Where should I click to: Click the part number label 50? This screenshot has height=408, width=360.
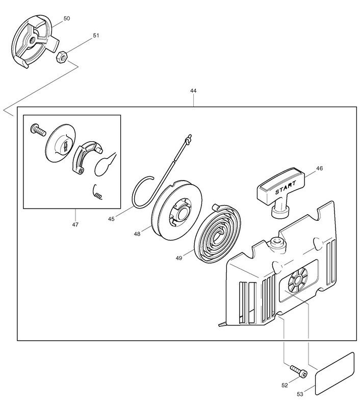66,18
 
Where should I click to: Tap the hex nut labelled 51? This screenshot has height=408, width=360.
59,57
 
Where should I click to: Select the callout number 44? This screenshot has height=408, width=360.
193,91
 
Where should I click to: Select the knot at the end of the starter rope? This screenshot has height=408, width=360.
189,138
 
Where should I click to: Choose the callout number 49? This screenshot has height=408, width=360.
179,258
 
